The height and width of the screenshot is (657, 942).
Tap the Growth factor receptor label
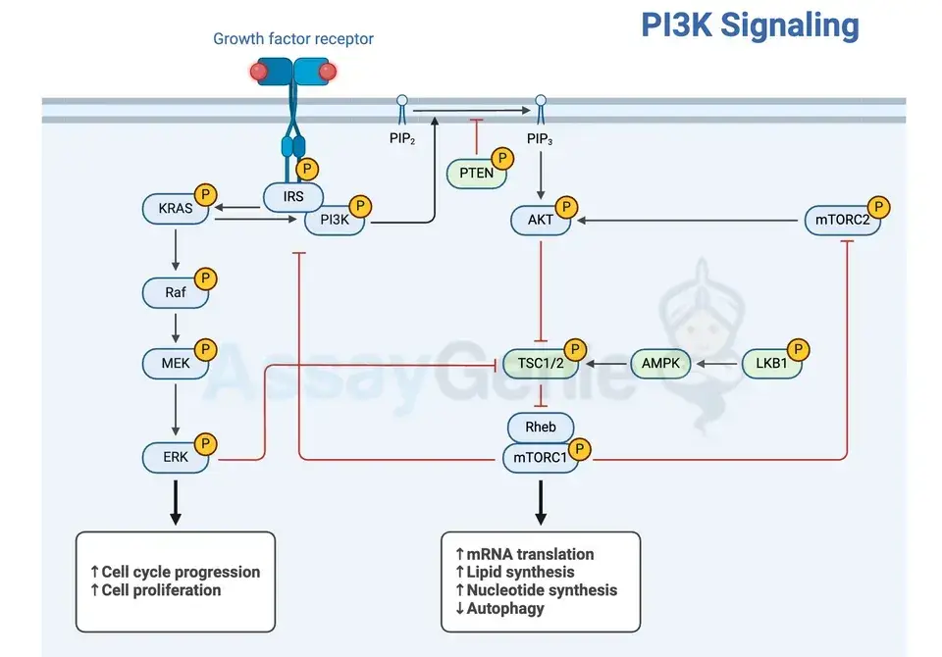(x=293, y=39)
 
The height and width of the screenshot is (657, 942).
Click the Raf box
(x=176, y=292)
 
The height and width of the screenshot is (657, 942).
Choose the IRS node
(x=293, y=196)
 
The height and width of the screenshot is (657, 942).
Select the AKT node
(x=541, y=221)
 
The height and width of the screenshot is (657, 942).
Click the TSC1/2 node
(x=536, y=364)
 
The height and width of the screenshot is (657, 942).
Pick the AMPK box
(x=660, y=364)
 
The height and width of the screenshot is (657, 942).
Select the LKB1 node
(x=771, y=364)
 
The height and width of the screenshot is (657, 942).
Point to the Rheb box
(x=540, y=427)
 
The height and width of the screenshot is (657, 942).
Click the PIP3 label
(x=540, y=139)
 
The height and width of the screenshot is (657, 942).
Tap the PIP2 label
(x=402, y=139)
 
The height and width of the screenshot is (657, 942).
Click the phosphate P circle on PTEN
(x=503, y=159)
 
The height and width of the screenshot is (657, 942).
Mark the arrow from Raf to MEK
(x=176, y=327)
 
